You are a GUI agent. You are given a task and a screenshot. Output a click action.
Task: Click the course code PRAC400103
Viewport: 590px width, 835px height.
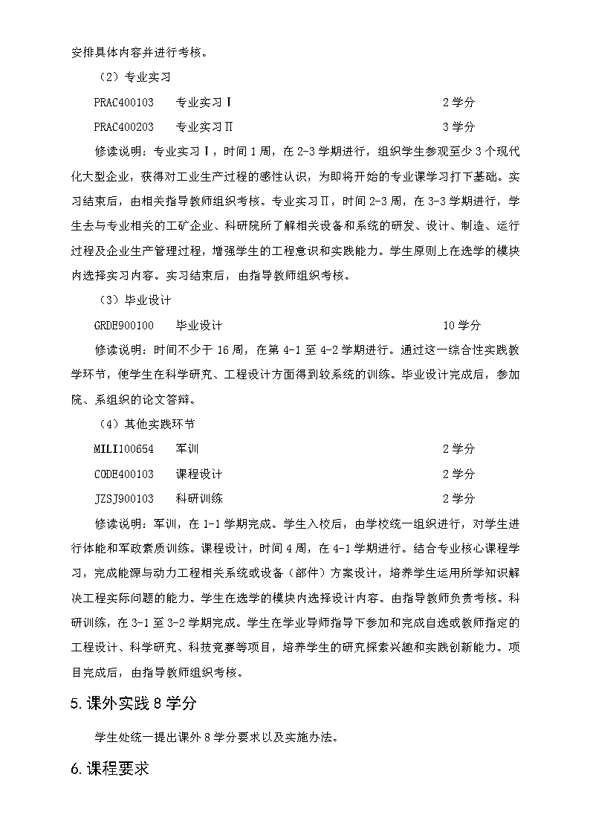pyautogui.click(x=124, y=102)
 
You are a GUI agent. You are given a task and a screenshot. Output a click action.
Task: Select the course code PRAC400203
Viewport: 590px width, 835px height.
pyautogui.click(x=124, y=126)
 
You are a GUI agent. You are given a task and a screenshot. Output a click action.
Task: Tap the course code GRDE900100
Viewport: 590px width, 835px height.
pyautogui.click(x=124, y=325)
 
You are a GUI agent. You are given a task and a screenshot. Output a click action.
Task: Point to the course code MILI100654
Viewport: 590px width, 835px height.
pyautogui.click(x=124, y=449)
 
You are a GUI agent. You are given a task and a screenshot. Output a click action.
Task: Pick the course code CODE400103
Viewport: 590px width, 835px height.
pyautogui.click(x=124, y=474)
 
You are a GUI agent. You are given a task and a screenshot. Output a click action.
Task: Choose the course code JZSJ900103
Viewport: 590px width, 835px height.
pyautogui.click(x=124, y=498)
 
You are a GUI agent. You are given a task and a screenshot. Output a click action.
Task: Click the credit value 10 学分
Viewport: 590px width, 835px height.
pyautogui.click(x=461, y=325)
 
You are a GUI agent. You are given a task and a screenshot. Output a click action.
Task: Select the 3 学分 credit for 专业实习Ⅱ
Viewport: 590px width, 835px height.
pyautogui.click(x=458, y=126)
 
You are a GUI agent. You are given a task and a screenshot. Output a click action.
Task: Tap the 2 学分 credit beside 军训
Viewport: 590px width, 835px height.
pyautogui.click(x=458, y=449)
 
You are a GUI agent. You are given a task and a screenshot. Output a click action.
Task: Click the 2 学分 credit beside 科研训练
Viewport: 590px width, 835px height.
pyautogui.click(x=458, y=498)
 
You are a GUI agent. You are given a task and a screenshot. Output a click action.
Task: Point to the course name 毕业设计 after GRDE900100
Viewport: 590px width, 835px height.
pyautogui.click(x=198, y=325)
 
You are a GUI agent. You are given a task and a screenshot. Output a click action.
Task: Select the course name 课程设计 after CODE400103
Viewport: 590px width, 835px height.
pyautogui.click(x=198, y=474)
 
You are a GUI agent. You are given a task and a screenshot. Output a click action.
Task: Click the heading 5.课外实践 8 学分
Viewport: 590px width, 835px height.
pyautogui.click(x=133, y=703)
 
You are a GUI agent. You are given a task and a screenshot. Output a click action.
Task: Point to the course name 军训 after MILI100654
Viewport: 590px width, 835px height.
pyautogui.click(x=187, y=449)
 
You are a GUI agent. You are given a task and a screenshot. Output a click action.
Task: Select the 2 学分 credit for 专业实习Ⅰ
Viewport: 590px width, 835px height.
pyautogui.click(x=458, y=102)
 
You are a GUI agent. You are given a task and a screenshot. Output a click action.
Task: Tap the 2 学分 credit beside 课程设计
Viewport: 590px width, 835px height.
pyautogui.click(x=458, y=474)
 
